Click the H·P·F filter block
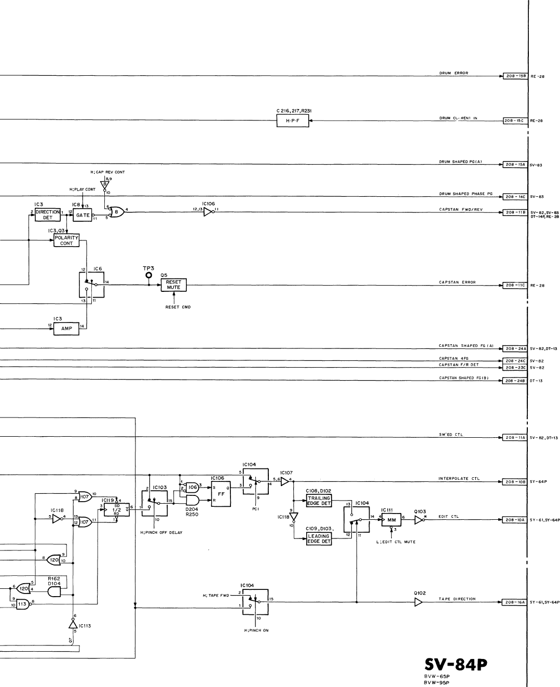pos(292,121)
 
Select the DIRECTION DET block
pos(48,215)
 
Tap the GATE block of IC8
pos(83,215)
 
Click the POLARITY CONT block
pos(66,240)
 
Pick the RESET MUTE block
pos(173,285)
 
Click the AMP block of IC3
pos(66,328)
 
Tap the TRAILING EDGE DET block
pos(319,501)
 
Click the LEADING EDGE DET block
pos(319,539)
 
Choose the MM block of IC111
pos(391,519)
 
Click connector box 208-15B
pos(515,76)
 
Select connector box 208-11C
pos(515,285)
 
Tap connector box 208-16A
pos(515,602)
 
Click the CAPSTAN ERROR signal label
pos(457,282)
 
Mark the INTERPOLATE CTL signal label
pos(459,478)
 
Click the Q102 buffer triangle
pos(418,602)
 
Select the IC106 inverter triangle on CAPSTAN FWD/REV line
pos(208,212)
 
